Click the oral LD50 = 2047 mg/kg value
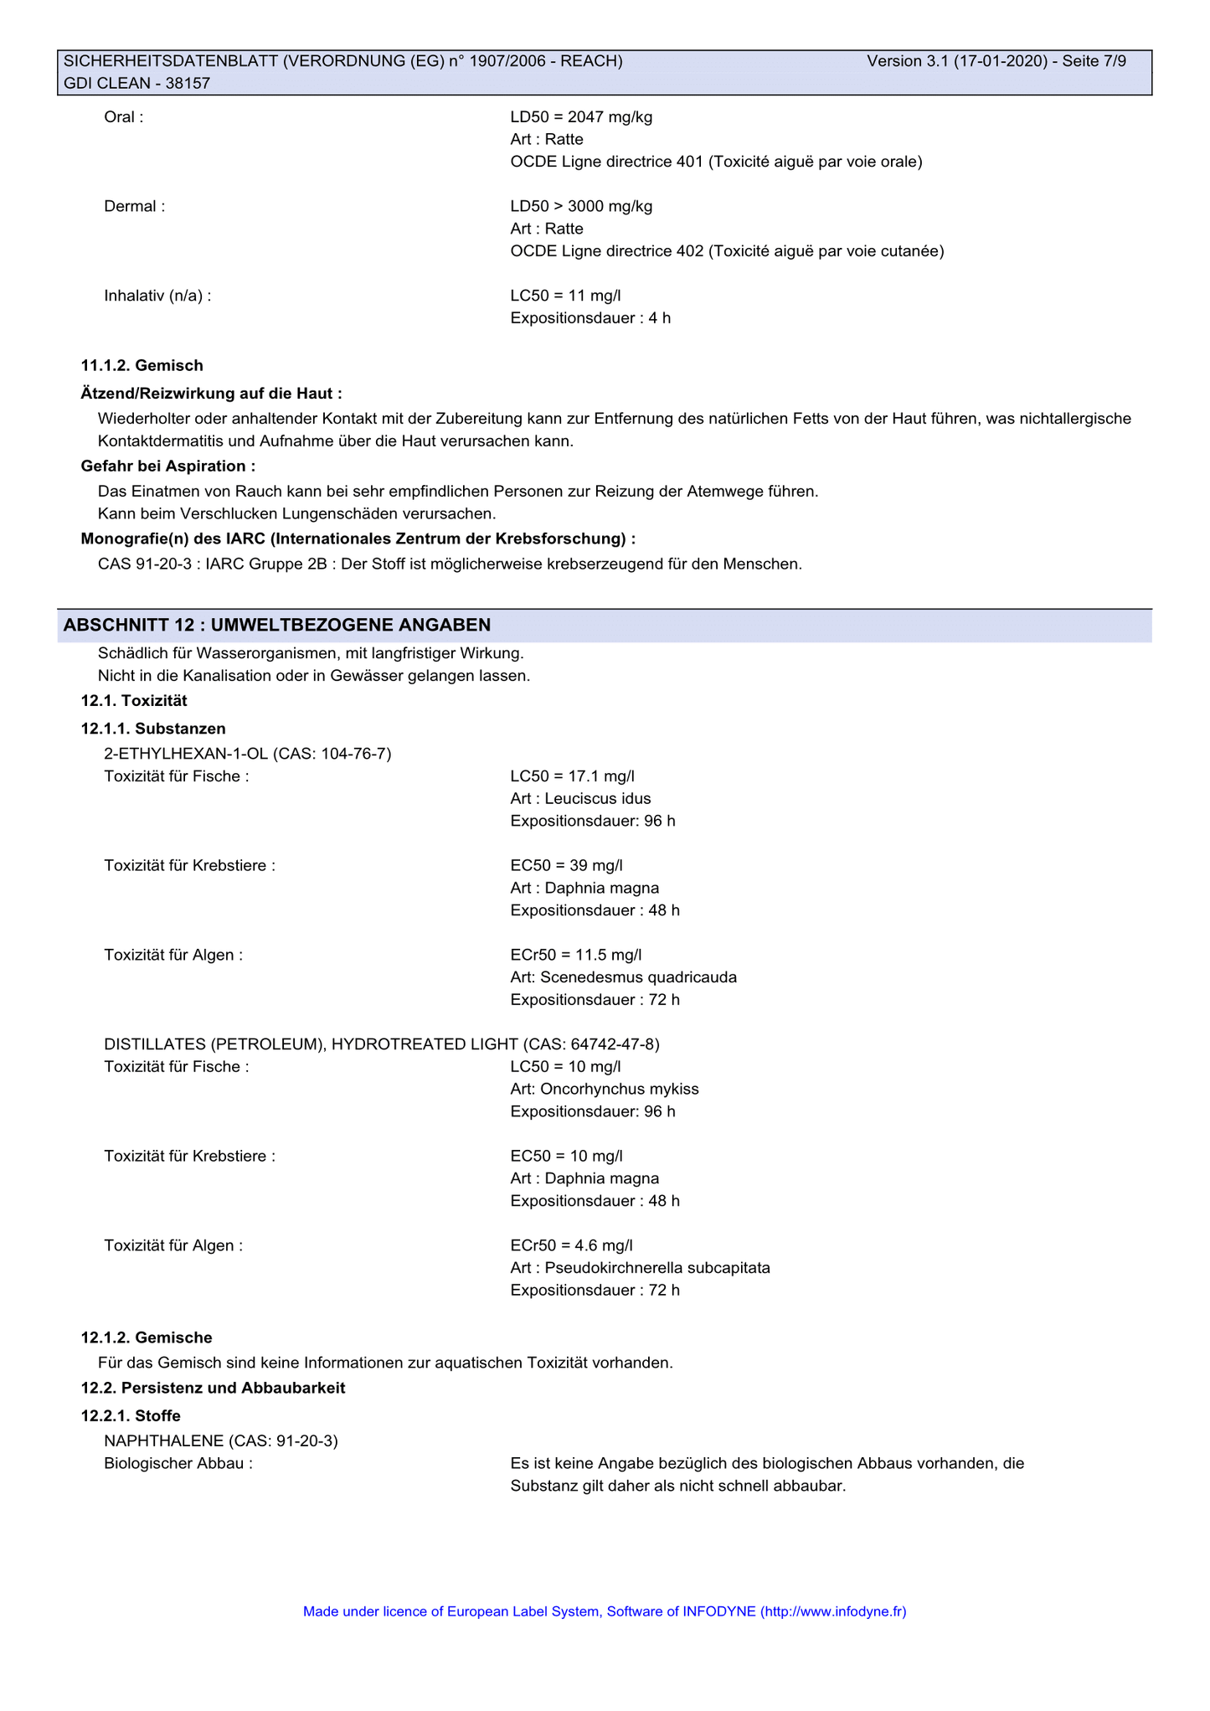pos(581,117)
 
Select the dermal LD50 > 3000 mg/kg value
pos(581,207)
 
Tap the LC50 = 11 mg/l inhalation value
pos(565,296)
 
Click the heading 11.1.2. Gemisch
pos(142,365)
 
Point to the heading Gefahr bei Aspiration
pos(167,466)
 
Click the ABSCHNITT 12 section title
pos(277,625)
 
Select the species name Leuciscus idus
pos(597,798)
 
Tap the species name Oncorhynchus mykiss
pos(619,1089)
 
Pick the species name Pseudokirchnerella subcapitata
pos(656,1268)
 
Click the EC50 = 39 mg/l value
pos(566,865)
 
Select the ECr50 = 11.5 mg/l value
pos(575,955)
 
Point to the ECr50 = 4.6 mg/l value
pos(571,1245)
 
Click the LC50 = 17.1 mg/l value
pos(572,776)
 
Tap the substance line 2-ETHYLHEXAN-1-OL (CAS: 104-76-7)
pos(247,754)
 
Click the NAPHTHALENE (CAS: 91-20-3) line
pos(220,1441)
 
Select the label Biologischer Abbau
pos(178,1464)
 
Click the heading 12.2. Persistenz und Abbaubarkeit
pos(213,1388)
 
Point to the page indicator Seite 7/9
pos(1094,61)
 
